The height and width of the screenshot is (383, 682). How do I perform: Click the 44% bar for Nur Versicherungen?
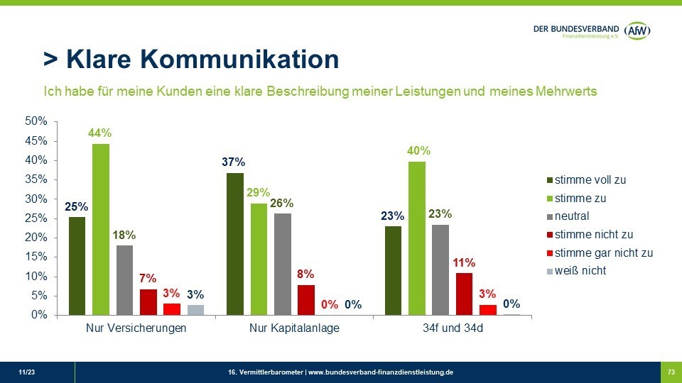pos(101,229)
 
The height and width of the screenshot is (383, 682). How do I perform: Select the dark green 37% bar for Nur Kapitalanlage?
pos(235,243)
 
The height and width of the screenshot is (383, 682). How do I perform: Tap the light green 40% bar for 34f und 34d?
pos(416,238)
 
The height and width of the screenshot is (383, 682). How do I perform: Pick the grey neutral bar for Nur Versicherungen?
pos(124,279)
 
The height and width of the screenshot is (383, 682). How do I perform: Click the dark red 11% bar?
pos(464,293)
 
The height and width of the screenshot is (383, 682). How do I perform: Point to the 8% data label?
pos(305,274)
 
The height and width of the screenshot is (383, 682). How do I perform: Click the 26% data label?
pos(282,204)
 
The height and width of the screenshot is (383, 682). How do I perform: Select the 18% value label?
pos(124,235)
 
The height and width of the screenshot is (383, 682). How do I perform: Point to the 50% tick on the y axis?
pos(36,122)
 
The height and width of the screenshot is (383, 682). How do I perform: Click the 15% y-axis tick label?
pos(36,257)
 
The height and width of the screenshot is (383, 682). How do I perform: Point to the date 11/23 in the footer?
pos(26,372)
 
